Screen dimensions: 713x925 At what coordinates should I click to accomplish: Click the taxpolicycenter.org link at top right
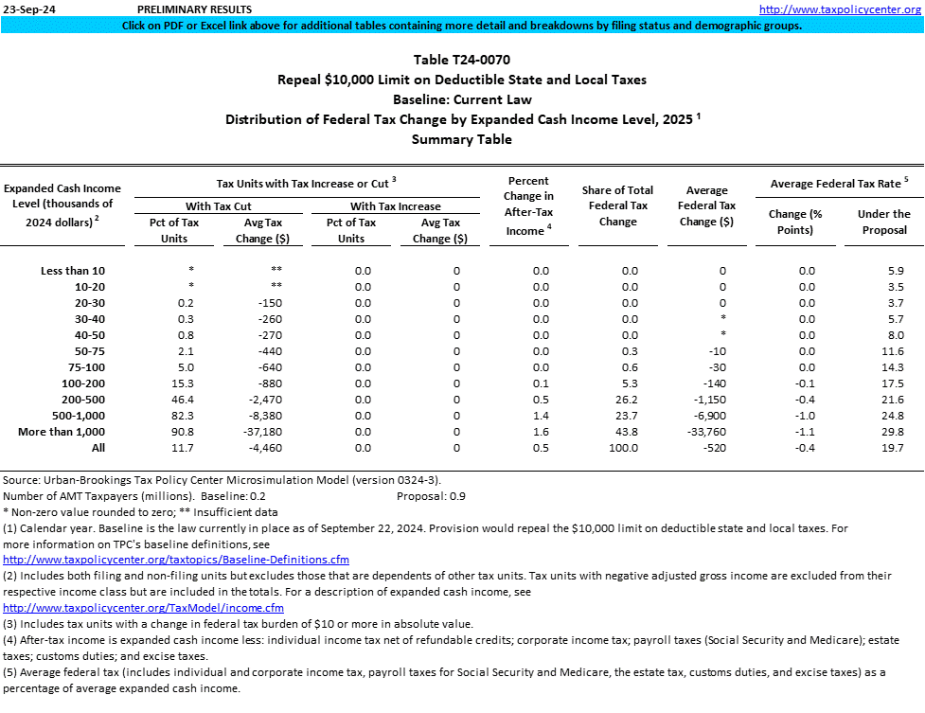click(840, 9)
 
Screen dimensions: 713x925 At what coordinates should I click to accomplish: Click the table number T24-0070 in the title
click(461, 60)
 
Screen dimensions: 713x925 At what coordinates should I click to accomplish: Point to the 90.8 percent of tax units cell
click(187, 432)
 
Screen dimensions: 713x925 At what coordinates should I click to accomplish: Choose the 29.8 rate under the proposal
click(882, 432)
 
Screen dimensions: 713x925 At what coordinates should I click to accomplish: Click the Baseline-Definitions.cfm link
click(176, 560)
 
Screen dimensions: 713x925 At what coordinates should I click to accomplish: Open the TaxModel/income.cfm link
click(143, 607)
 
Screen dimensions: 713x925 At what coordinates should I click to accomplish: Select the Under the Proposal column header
click(883, 222)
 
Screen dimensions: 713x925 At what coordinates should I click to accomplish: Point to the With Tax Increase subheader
click(395, 205)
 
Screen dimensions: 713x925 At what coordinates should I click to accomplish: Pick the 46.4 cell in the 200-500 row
click(187, 400)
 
